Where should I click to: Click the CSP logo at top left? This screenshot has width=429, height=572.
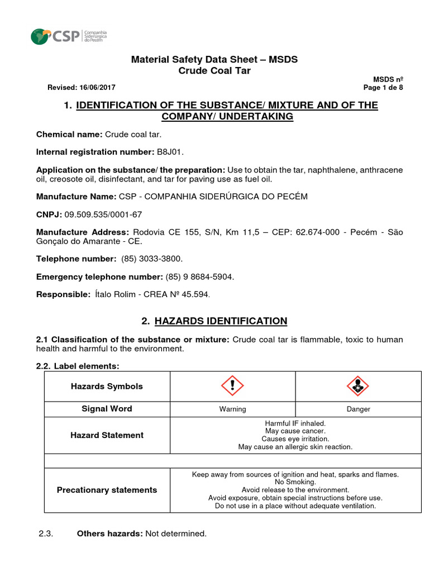(68, 36)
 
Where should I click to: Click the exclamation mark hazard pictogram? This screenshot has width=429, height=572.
(232, 386)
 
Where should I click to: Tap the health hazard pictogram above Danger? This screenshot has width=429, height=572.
(358, 386)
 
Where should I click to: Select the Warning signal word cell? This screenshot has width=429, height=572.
(232, 409)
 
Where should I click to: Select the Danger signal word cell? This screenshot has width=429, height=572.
(358, 409)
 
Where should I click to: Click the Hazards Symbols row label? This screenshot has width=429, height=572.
(107, 387)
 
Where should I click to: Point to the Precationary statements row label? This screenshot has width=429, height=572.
(107, 490)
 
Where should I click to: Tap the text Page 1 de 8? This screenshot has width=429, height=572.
(383, 88)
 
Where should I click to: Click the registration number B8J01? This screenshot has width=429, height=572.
(170, 152)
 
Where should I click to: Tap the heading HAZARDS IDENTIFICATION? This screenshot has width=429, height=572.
(221, 321)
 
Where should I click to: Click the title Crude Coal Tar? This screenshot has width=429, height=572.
(214, 70)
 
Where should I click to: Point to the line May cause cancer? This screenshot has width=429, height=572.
(295, 431)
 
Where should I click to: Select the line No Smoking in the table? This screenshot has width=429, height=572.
(295, 482)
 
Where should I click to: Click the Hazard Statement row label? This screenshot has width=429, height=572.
(107, 435)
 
